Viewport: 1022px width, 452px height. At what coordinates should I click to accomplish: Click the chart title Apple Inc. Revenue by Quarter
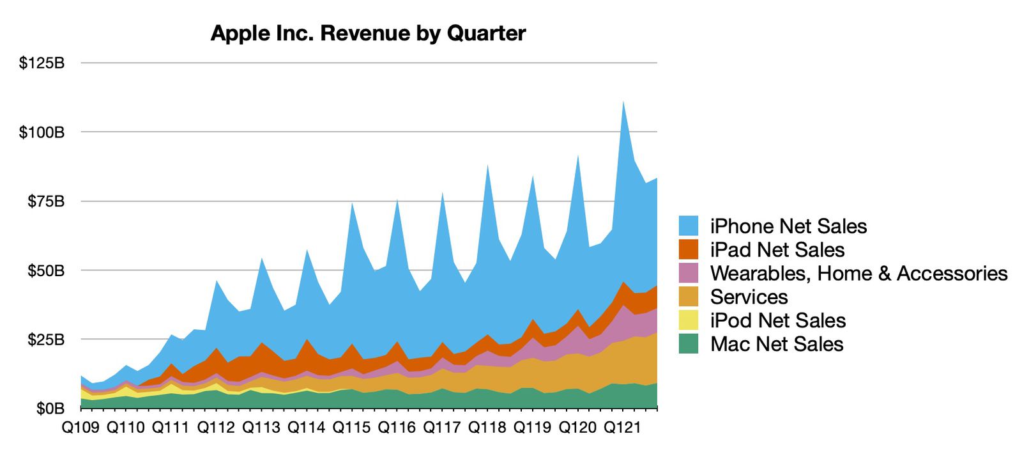368,33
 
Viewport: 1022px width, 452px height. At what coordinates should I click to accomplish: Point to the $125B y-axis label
42,63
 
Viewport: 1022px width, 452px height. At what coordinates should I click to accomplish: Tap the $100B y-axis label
42,132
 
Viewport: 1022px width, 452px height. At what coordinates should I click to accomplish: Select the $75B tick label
45,201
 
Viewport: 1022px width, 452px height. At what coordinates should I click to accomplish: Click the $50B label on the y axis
45,270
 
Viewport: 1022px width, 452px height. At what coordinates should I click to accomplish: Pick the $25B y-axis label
45,339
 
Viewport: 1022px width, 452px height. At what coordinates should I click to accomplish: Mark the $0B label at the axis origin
50,409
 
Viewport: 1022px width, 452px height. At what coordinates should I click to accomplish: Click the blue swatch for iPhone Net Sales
689,226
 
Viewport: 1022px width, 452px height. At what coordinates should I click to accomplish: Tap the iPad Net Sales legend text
777,249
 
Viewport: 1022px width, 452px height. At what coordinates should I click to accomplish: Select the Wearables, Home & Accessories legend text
858,273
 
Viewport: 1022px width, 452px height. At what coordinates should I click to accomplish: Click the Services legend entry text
749,297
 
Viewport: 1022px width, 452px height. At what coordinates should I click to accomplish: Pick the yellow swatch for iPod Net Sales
689,320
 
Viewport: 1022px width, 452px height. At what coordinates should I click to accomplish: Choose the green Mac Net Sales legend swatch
689,344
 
